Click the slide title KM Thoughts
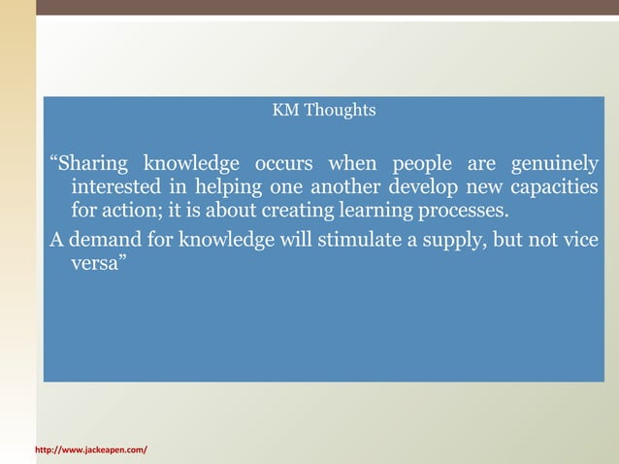pos(324,111)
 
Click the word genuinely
pos(552,163)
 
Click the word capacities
pos(555,187)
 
